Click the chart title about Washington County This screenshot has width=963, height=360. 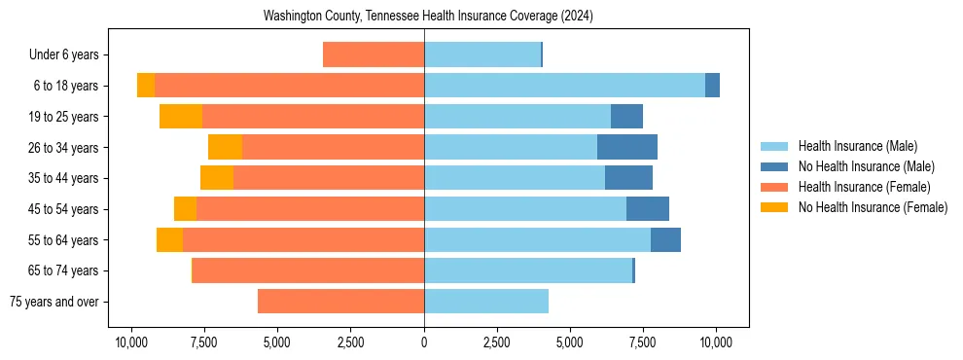coord(428,17)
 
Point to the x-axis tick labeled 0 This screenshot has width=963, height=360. coord(424,342)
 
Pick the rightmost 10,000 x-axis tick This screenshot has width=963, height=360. coord(716,342)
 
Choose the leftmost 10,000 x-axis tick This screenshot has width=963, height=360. coord(131,342)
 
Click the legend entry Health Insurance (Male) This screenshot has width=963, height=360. coord(857,146)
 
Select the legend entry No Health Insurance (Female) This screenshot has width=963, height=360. coord(873,207)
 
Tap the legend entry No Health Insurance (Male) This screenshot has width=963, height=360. coord(866,166)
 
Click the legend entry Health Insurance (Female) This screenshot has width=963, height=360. coord(864,187)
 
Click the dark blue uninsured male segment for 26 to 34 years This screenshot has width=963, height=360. coord(627,147)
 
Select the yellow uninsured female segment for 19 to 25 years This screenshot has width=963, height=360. coord(181,117)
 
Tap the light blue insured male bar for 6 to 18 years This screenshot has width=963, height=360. coord(564,86)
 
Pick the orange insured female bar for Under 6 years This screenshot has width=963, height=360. coord(374,54)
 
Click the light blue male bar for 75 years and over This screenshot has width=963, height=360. coord(486,302)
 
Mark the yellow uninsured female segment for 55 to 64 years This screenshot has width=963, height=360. coord(169,239)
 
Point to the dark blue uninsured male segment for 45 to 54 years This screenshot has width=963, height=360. coord(648,208)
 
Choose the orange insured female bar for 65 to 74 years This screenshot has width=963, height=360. coord(308,270)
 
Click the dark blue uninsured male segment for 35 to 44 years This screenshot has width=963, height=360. coord(628,178)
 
